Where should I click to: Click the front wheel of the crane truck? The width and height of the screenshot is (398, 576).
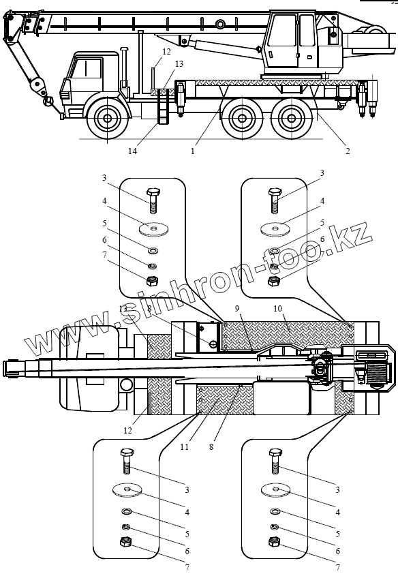[107, 119]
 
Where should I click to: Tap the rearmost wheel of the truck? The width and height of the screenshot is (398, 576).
[292, 119]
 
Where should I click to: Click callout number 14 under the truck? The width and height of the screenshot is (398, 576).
[132, 151]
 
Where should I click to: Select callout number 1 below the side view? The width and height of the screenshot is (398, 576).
[193, 151]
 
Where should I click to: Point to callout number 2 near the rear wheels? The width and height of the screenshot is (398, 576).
[348, 151]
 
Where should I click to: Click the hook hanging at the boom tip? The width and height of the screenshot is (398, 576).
[48, 101]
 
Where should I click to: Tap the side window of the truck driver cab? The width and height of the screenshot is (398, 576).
[87, 68]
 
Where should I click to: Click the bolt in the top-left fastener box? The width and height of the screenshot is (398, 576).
[153, 200]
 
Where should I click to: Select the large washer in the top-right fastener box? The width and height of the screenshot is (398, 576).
[275, 229]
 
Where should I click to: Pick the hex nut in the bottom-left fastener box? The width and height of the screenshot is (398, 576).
[126, 541]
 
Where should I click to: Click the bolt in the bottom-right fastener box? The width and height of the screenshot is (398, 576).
[275, 461]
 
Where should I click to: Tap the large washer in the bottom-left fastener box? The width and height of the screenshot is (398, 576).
[127, 489]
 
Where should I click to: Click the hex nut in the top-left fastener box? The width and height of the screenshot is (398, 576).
[152, 281]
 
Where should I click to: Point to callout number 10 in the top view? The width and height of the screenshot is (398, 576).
[277, 308]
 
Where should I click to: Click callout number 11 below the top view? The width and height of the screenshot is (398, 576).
[184, 446]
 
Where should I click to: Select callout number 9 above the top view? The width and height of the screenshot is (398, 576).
[238, 308]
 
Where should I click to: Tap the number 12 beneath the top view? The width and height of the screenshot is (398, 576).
[127, 430]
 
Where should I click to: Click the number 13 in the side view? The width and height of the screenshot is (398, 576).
[179, 64]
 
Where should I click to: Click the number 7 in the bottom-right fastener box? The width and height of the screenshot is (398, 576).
[338, 568]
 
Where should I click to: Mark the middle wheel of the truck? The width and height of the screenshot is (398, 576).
[243, 119]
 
